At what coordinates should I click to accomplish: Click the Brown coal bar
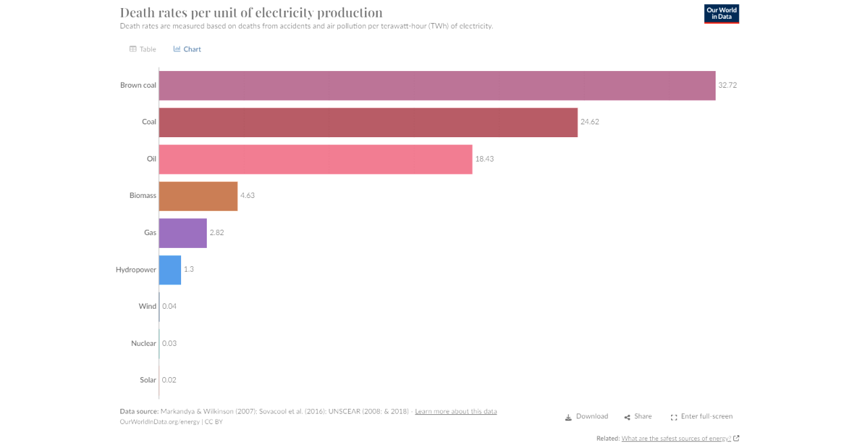pos(437,86)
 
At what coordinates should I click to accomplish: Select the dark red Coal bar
pos(368,122)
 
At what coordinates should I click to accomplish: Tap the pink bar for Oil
pos(316,159)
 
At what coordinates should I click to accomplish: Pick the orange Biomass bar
pos(198,196)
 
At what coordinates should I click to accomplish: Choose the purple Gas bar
pos(182,232)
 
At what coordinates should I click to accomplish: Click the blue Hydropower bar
pos(170,270)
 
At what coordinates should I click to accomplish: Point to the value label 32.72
pos(727,86)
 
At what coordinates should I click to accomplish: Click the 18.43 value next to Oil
pos(484,159)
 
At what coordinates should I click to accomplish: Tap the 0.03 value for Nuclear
pos(169,343)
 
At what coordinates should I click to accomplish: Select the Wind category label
pos(147,307)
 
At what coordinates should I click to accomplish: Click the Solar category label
pos(148,380)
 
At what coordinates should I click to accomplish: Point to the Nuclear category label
pos(143,343)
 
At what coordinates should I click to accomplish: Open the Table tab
pos(143,49)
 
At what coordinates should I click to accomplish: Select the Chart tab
pos(187,49)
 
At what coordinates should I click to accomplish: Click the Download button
pos(587,417)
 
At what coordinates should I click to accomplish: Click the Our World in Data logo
pos(722,14)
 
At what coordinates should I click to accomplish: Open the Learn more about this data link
pos(455,412)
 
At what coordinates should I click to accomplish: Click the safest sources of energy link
pos(676,439)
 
